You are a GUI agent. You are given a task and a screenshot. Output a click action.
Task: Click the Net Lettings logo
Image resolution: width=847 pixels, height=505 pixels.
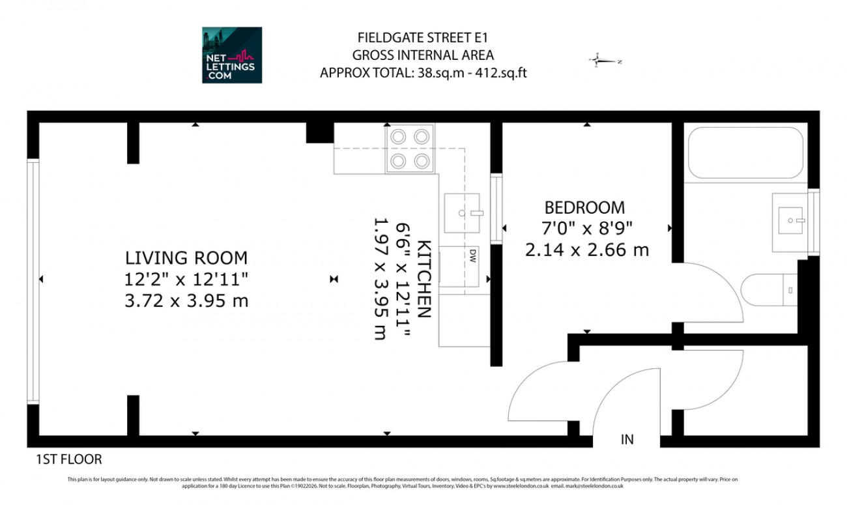click(x=232, y=55)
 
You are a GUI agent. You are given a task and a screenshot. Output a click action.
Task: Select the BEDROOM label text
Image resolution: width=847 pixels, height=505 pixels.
click(x=584, y=207)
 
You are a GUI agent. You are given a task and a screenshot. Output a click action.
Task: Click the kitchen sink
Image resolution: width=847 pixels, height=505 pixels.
click(x=462, y=212)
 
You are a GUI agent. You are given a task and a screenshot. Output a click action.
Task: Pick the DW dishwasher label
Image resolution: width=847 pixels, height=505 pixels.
click(x=472, y=254)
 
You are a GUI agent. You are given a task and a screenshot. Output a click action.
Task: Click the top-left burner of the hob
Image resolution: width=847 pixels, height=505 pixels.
click(x=398, y=137)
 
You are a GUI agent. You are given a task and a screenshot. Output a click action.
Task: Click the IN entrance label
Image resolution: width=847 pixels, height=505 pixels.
click(x=627, y=440)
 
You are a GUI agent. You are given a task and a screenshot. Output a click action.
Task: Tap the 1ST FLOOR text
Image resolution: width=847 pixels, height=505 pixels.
click(x=68, y=460)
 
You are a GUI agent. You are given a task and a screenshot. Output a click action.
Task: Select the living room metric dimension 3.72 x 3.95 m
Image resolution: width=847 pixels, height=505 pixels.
click(x=186, y=302)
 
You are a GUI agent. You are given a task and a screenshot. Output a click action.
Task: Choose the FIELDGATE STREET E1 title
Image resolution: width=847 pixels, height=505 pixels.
click(x=423, y=38)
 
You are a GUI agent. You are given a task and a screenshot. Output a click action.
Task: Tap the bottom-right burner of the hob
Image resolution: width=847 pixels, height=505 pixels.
click(x=422, y=160)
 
